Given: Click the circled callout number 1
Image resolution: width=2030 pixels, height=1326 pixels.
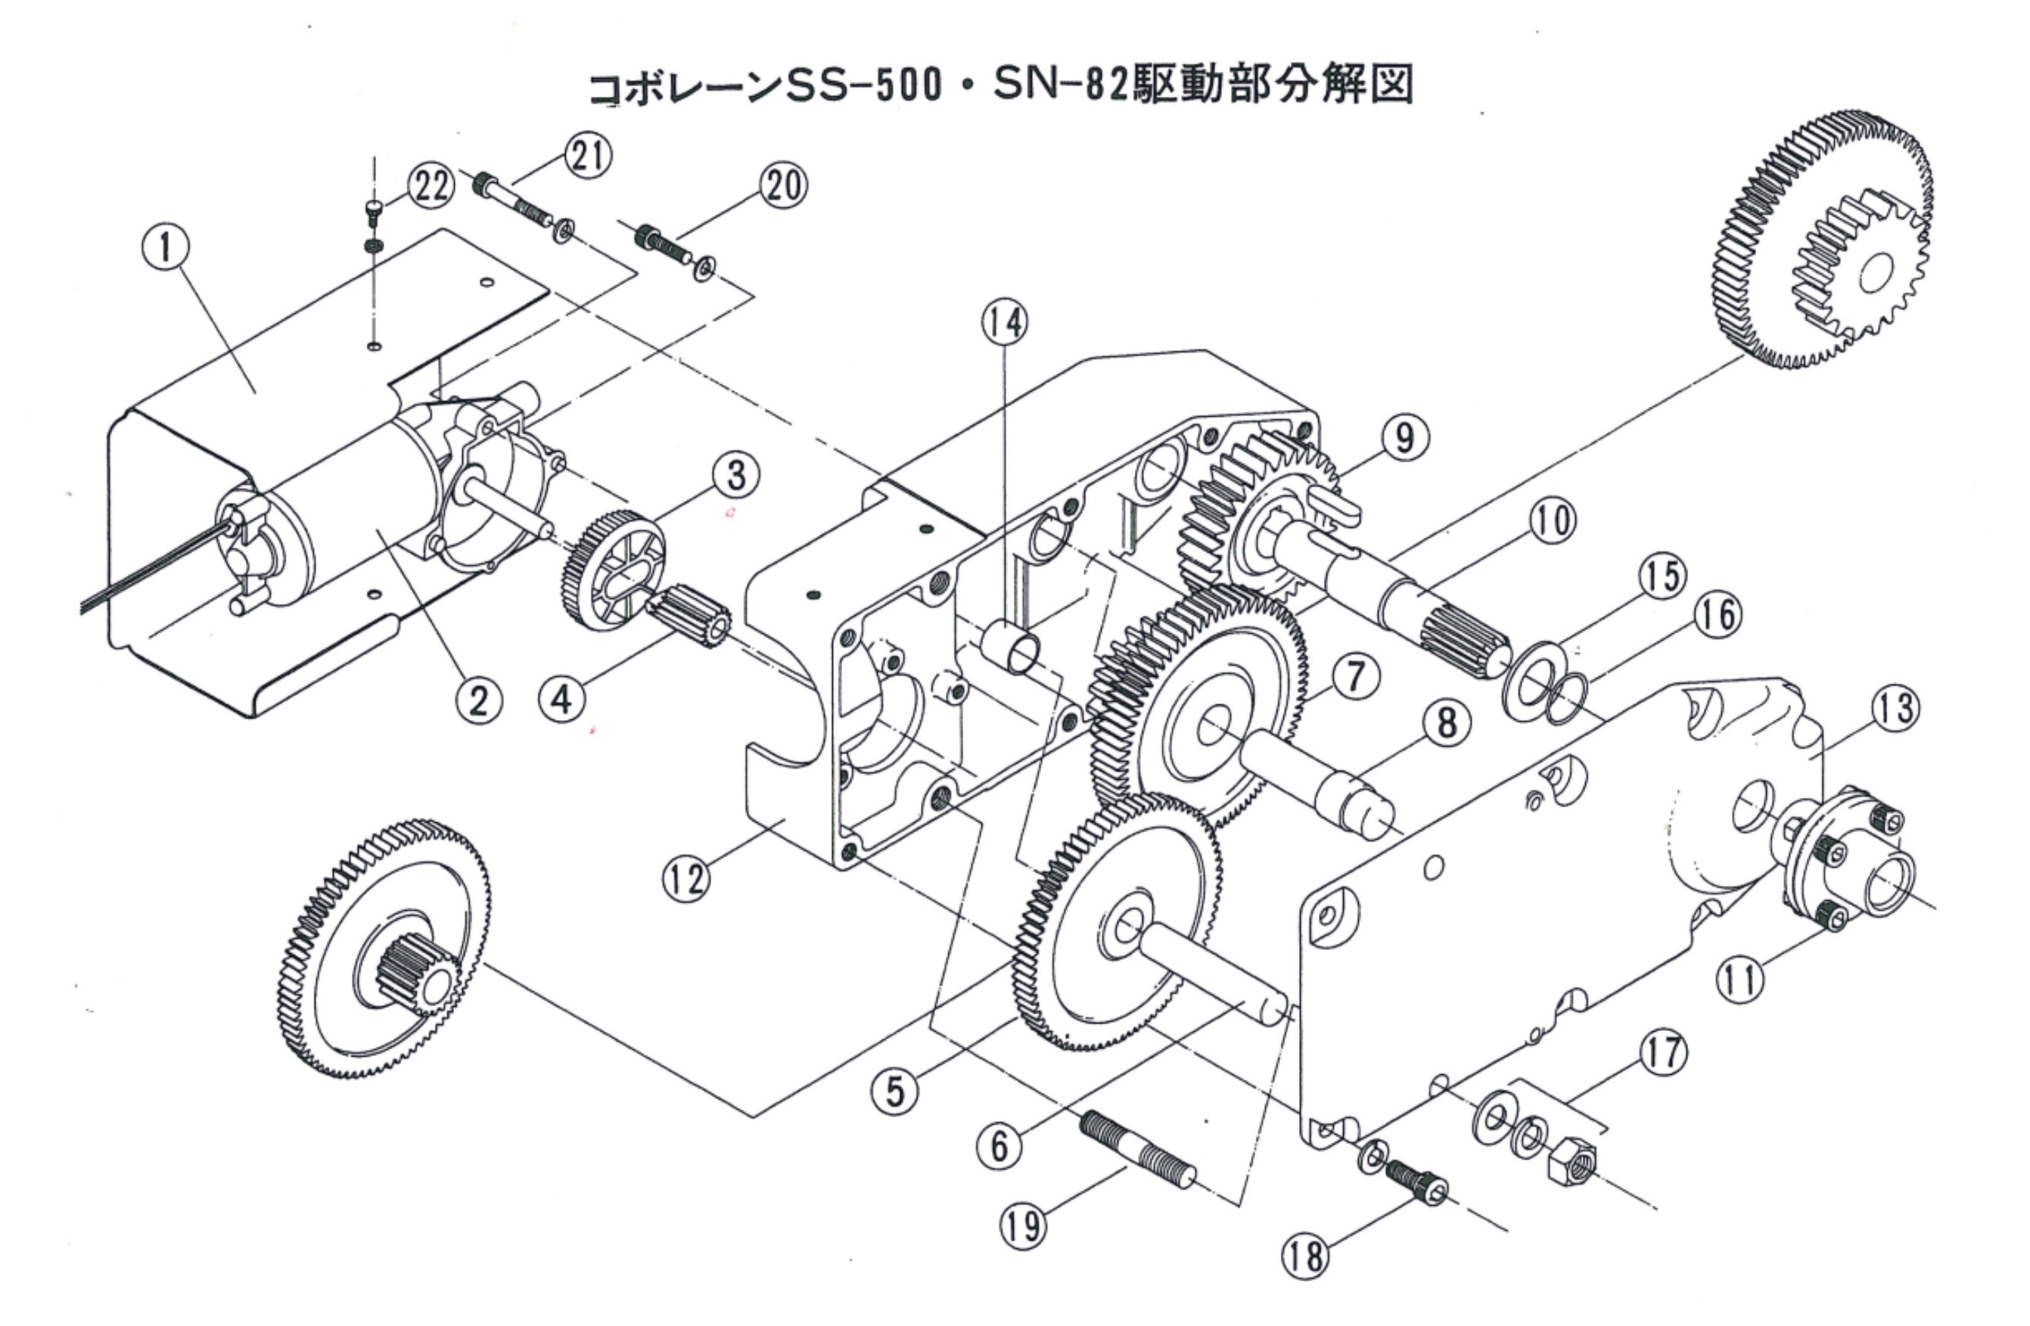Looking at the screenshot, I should [166, 247].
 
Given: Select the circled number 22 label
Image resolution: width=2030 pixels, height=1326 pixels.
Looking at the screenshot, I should [430, 186].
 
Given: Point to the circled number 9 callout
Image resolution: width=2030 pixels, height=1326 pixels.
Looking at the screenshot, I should [1403, 438].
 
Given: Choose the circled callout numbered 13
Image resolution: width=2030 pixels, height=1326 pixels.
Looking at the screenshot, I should [1895, 710].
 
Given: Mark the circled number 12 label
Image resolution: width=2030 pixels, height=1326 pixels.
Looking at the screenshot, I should [686, 877].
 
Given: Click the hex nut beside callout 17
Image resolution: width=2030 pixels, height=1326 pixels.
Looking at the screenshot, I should [1574, 1163].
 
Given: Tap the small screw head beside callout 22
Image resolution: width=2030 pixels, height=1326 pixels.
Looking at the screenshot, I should [374, 208].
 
